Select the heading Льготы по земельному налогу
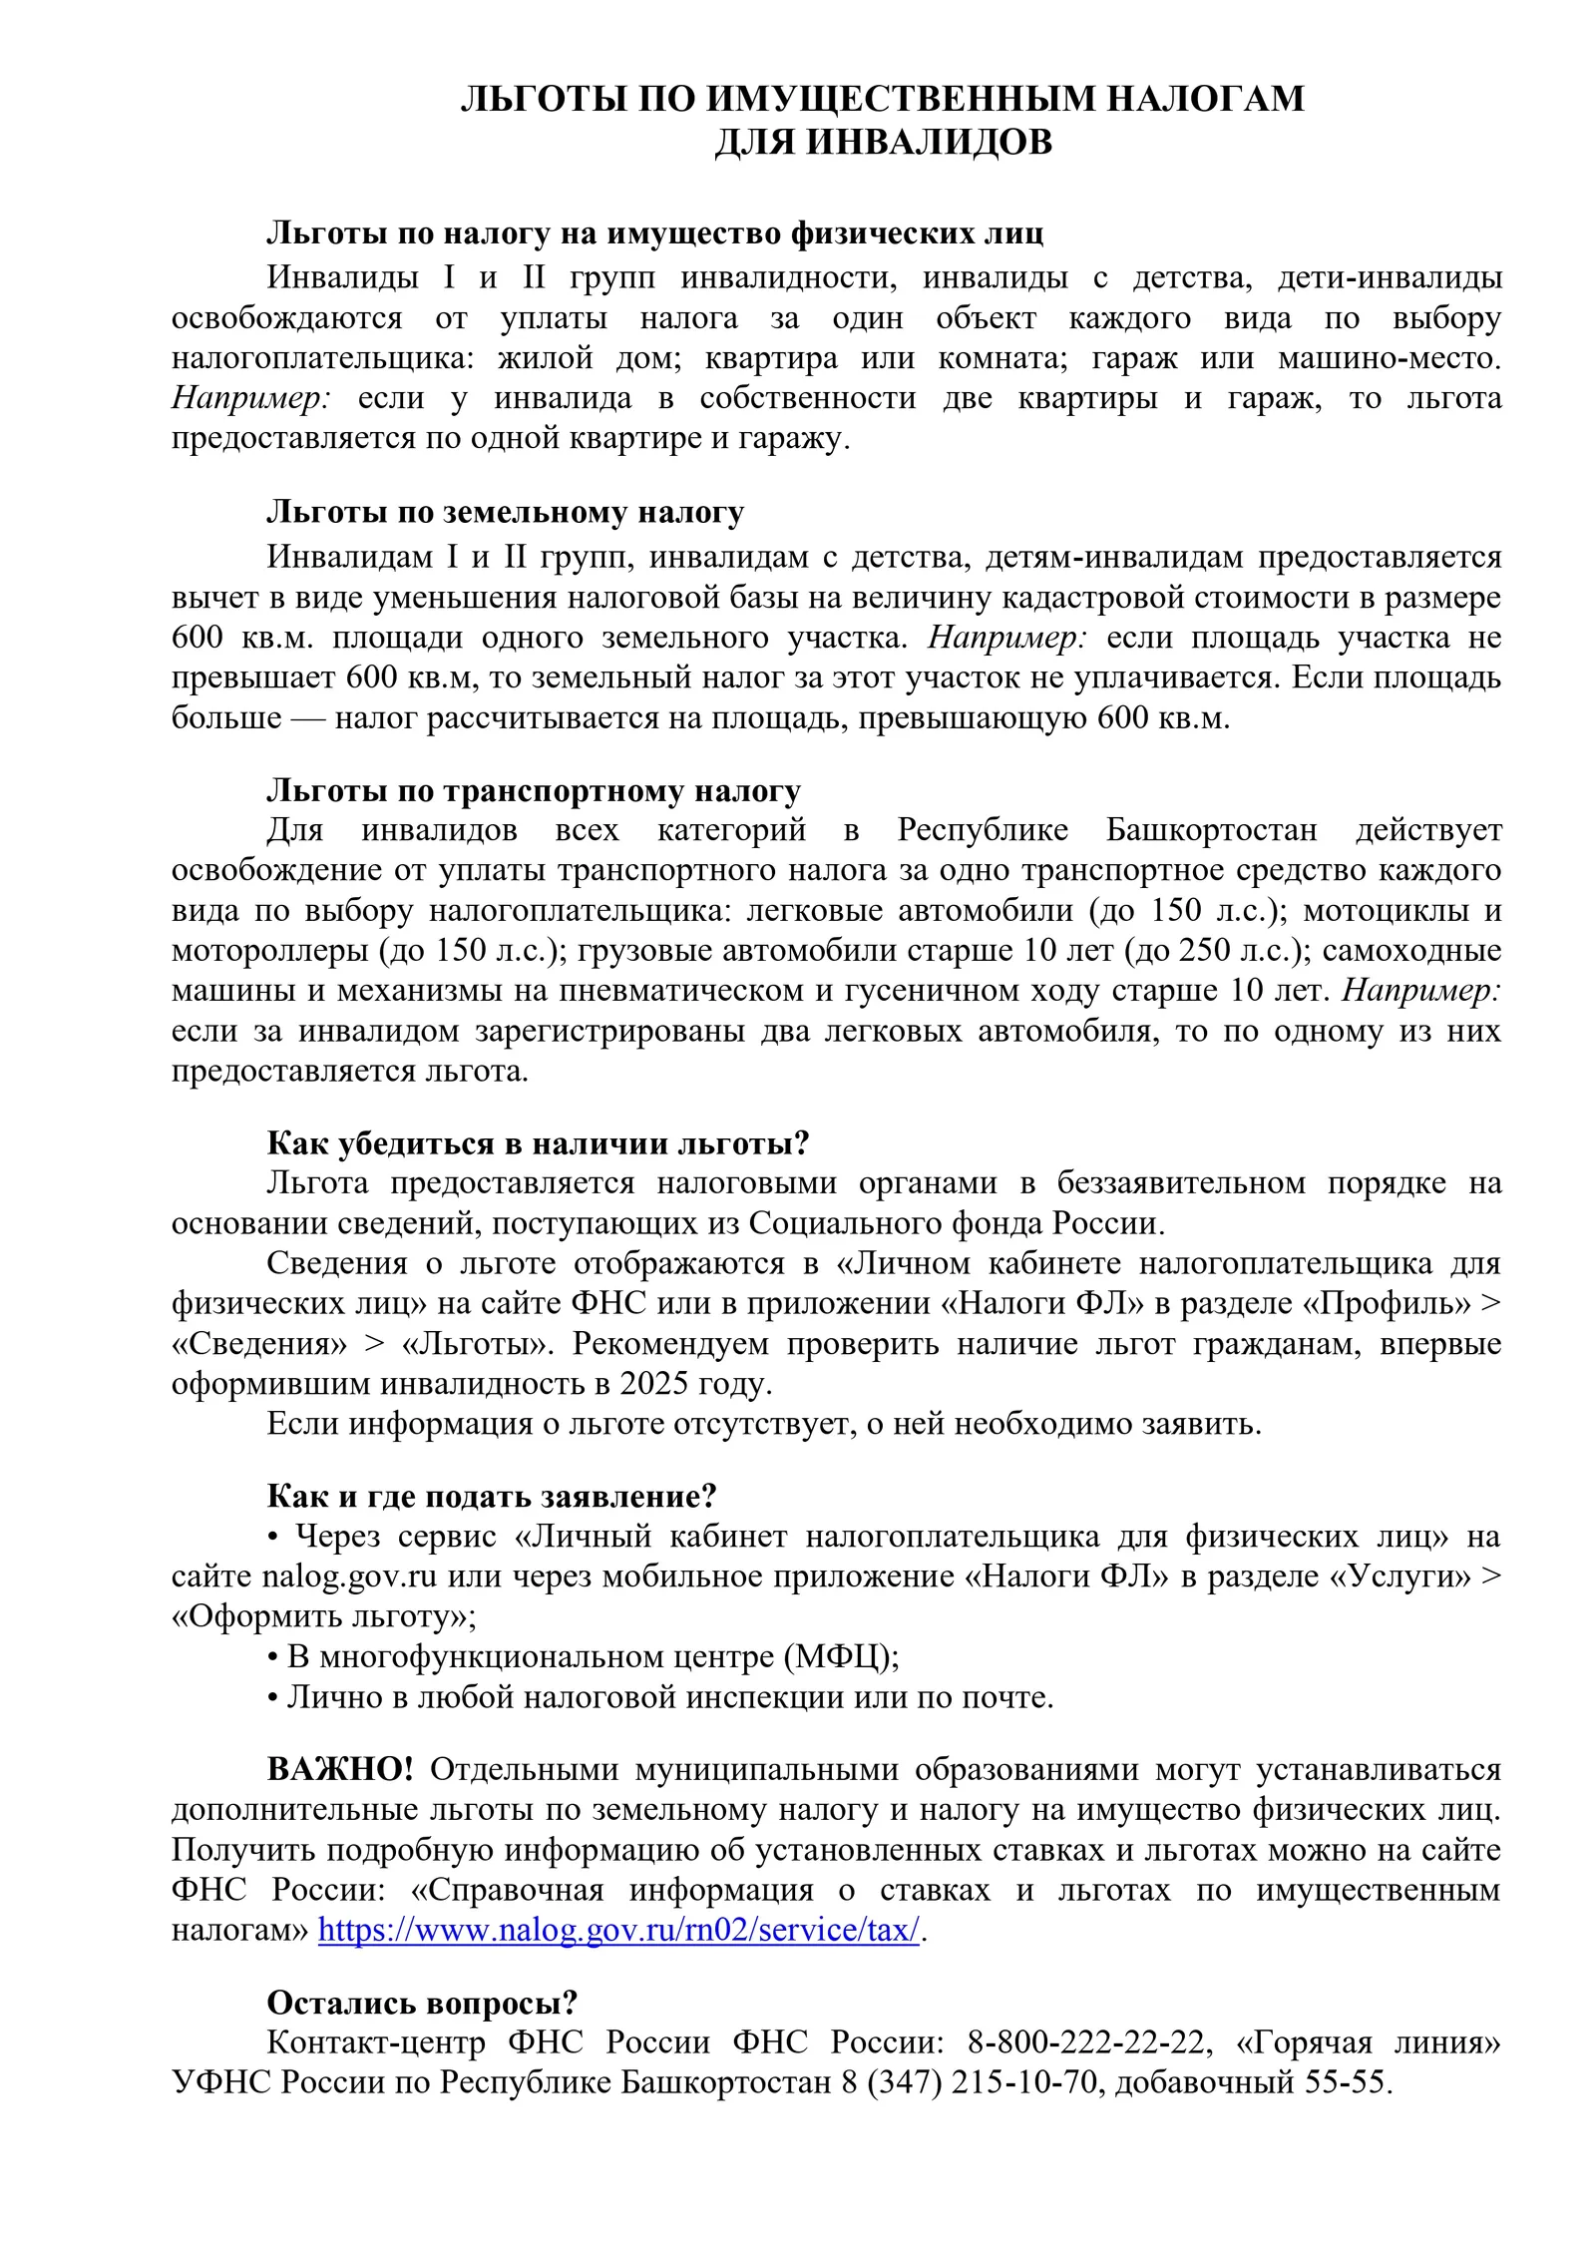[x=505, y=512]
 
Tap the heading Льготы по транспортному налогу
[x=534, y=790]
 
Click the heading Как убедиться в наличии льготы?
[x=538, y=1142]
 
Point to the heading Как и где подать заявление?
[x=492, y=1496]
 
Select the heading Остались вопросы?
[x=422, y=2003]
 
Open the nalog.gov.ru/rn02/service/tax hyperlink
[x=618, y=1930]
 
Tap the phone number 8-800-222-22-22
[x=1089, y=2042]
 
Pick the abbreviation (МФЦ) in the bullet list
[x=841, y=1656]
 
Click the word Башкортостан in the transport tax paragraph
[x=1211, y=830]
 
